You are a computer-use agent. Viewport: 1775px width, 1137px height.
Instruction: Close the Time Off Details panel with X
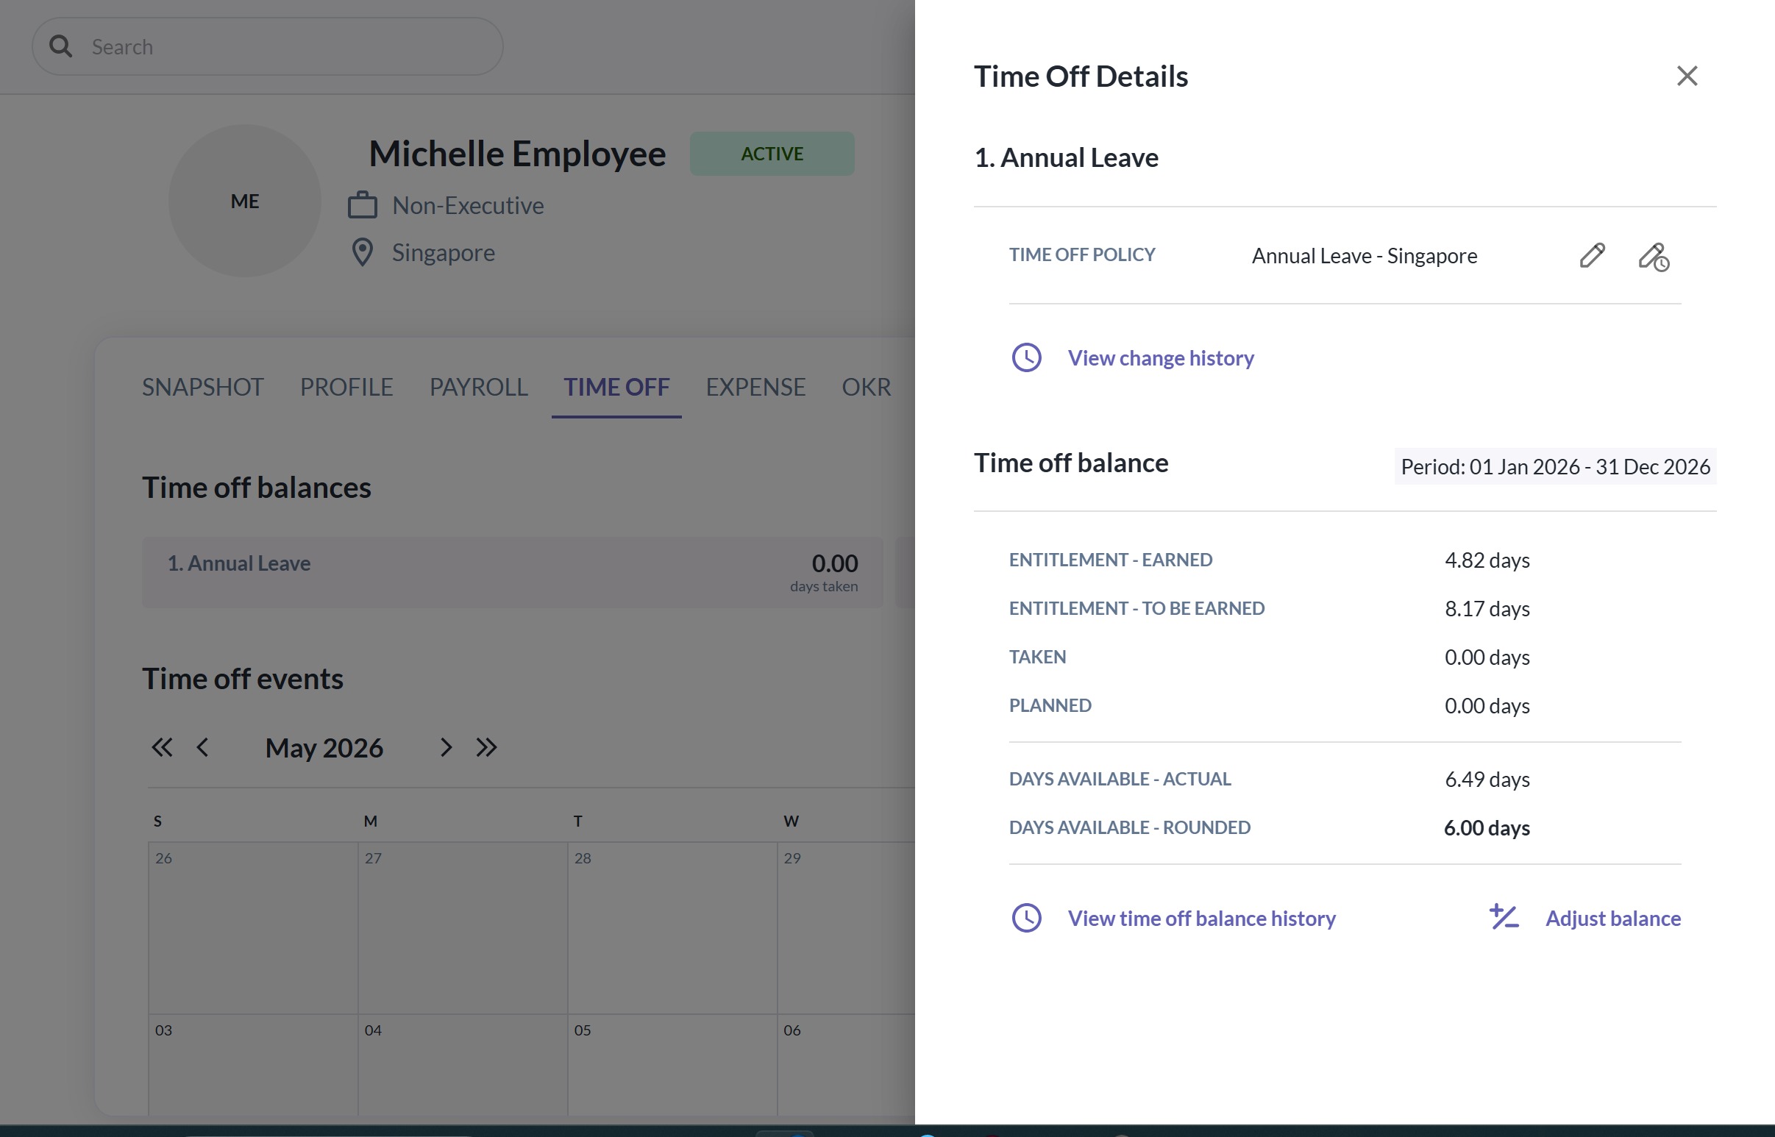click(1687, 75)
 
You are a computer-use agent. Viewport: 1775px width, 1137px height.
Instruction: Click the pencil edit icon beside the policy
click(1592, 255)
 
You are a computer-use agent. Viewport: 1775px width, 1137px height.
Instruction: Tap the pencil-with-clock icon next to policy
click(1654, 257)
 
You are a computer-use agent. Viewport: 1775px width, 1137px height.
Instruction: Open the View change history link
click(1161, 358)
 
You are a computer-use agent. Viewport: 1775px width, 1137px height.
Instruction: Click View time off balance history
click(1201, 918)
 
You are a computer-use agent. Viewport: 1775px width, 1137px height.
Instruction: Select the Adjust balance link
click(1612, 918)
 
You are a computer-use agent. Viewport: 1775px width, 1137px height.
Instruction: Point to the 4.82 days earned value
click(1487, 560)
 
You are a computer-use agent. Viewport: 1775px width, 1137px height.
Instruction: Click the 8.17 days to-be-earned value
click(1487, 609)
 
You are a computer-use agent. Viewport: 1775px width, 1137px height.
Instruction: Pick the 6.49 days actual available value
click(1487, 780)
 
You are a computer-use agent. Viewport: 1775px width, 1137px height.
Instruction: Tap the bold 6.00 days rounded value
click(1487, 828)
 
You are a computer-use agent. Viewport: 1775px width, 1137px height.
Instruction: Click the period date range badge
click(1555, 466)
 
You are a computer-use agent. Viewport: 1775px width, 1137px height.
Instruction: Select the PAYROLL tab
click(478, 387)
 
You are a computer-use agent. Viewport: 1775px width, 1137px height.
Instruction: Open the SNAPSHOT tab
click(202, 387)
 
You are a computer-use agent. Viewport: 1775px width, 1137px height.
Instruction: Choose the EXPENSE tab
click(755, 387)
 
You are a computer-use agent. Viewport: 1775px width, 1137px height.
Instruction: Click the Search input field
click(267, 46)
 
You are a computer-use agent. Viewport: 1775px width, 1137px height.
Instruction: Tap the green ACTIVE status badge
click(772, 154)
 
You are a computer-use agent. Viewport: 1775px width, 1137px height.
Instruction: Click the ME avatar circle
click(244, 201)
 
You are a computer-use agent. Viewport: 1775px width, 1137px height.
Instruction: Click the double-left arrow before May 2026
click(162, 747)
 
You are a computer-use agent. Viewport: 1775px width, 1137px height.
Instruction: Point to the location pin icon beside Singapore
click(363, 252)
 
